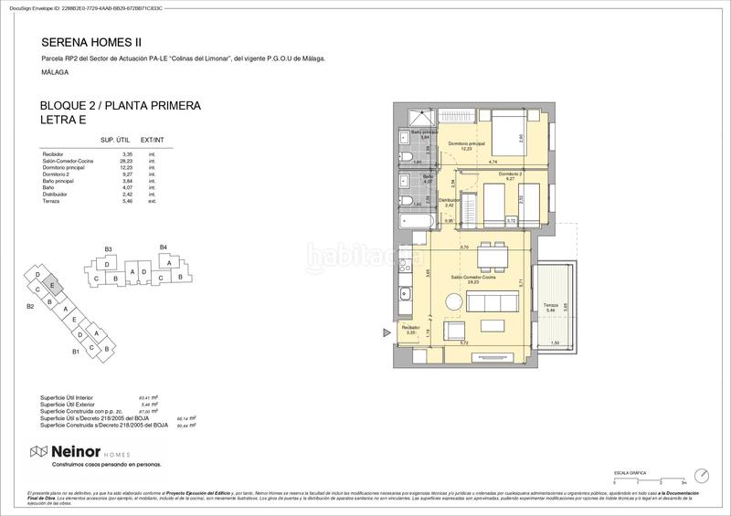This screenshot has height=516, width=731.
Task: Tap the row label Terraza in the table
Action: point(51,200)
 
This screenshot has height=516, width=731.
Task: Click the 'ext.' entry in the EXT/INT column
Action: point(153,200)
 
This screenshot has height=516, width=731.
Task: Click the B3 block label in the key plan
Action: point(108,248)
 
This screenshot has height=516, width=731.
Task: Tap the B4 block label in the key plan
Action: point(164,247)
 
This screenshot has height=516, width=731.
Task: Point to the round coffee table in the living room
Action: point(453,302)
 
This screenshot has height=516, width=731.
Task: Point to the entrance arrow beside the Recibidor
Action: point(384,331)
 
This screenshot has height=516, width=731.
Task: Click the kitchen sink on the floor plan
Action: point(405,291)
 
